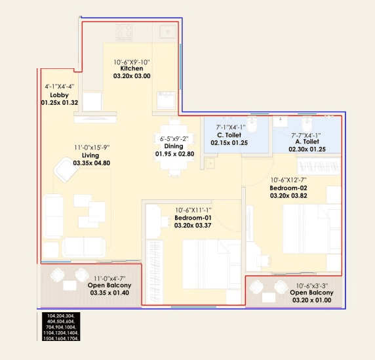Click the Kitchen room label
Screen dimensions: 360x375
tap(132, 68)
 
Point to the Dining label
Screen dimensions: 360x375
tap(174, 146)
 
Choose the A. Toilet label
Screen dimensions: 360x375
tap(307, 142)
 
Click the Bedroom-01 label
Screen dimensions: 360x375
tap(193, 218)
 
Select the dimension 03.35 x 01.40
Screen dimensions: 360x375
tap(109, 293)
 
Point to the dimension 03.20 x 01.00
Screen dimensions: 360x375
tap(311, 300)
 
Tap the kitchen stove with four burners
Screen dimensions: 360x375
tap(125, 30)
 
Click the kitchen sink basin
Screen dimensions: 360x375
tap(168, 30)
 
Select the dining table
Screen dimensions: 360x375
tap(174, 148)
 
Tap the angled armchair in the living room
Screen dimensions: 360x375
tap(68, 172)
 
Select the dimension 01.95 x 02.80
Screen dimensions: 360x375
tap(174, 154)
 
